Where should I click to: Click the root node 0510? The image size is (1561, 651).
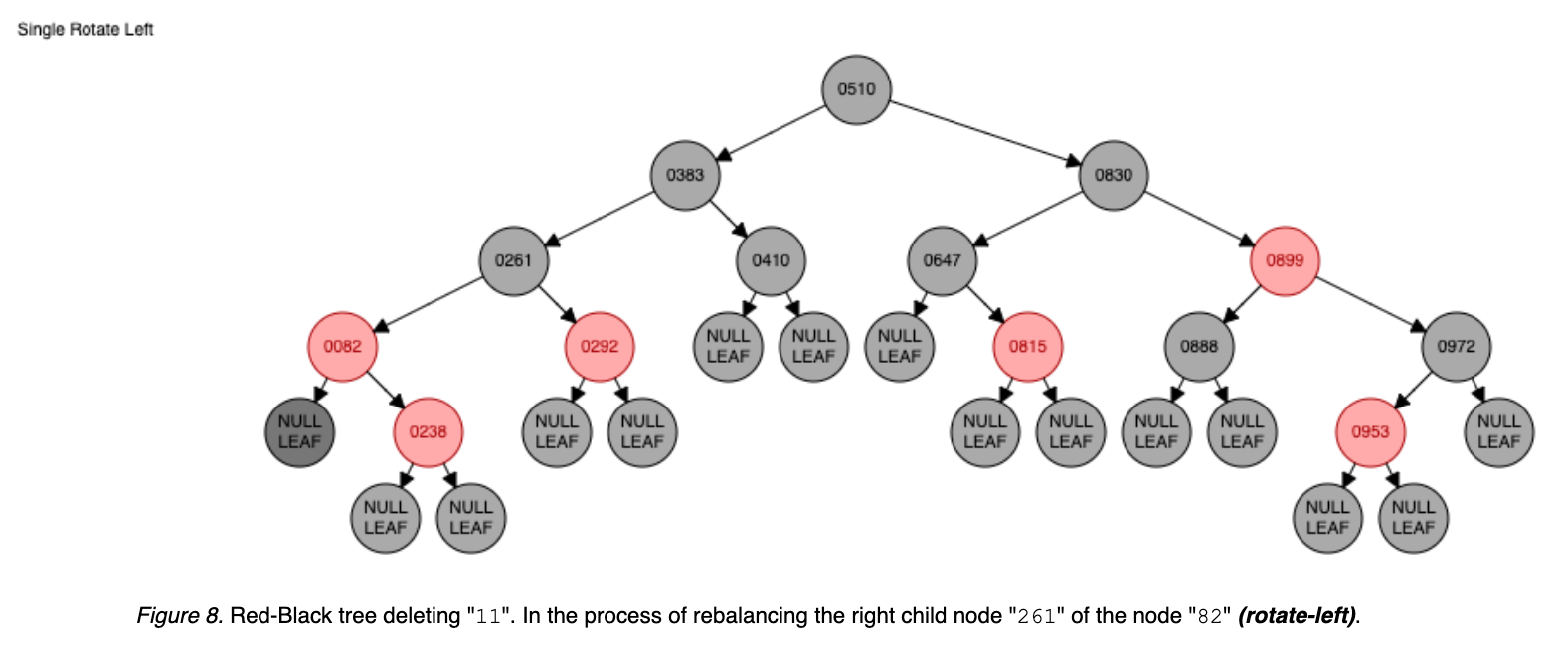pyautogui.click(x=856, y=89)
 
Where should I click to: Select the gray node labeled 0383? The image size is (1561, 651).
pyautogui.click(x=685, y=175)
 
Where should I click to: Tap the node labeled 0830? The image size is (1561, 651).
pyautogui.click(x=1114, y=175)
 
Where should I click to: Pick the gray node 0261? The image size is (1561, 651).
pyautogui.click(x=513, y=260)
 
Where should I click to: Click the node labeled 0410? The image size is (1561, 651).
pyautogui.click(x=771, y=260)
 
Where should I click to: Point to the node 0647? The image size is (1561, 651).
pyautogui.click(x=942, y=260)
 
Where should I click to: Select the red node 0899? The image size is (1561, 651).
pyautogui.click(x=1285, y=260)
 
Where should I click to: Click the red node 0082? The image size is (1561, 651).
pyautogui.click(x=342, y=346)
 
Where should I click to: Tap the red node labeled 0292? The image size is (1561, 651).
pyautogui.click(x=600, y=346)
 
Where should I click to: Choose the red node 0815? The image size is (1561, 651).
pyautogui.click(x=1028, y=346)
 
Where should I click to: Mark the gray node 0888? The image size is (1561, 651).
pyautogui.click(x=1199, y=346)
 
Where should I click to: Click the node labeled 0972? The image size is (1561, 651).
pyautogui.click(x=1456, y=346)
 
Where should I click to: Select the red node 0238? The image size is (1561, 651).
pyautogui.click(x=428, y=431)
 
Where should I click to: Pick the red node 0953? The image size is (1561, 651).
pyautogui.click(x=1370, y=431)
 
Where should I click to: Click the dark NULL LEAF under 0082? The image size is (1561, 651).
pyautogui.click(x=299, y=431)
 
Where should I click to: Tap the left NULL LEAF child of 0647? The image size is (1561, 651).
pyautogui.click(x=899, y=346)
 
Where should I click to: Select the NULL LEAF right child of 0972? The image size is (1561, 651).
pyautogui.click(x=1498, y=431)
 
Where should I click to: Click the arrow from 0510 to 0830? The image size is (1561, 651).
pyautogui.click(x=984, y=130)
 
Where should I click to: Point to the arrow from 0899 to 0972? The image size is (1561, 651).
pyautogui.click(x=1370, y=302)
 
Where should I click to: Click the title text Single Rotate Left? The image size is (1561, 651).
pyautogui.click(x=86, y=29)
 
